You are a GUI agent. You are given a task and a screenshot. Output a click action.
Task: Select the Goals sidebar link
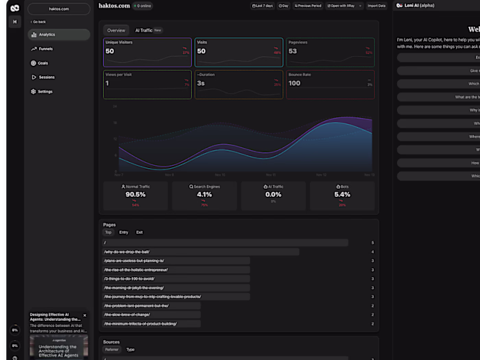click(x=43, y=63)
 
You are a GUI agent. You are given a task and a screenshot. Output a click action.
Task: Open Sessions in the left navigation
click(x=46, y=77)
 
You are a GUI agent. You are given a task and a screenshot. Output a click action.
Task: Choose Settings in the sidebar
click(x=45, y=91)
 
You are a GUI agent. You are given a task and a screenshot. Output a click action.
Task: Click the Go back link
click(x=40, y=22)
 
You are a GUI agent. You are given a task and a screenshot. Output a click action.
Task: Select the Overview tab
click(x=116, y=30)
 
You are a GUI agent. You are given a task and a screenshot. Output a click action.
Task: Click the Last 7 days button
click(x=262, y=5)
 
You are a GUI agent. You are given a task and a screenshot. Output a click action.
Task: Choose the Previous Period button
click(x=308, y=5)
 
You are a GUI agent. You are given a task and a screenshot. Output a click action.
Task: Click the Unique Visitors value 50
click(x=110, y=51)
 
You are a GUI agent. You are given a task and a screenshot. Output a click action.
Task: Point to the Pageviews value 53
click(x=293, y=51)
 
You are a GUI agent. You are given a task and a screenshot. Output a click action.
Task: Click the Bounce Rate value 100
click(x=294, y=84)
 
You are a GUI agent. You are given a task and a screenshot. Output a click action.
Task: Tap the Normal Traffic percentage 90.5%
click(x=135, y=194)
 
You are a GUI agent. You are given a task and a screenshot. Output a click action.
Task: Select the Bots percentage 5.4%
click(x=342, y=194)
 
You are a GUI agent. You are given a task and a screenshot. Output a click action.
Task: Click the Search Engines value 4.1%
click(x=204, y=194)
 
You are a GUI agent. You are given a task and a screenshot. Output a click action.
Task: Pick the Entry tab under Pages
click(x=123, y=232)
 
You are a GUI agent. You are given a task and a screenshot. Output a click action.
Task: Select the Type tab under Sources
click(x=130, y=350)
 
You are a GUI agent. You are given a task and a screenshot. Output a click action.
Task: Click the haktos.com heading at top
click(x=114, y=5)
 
